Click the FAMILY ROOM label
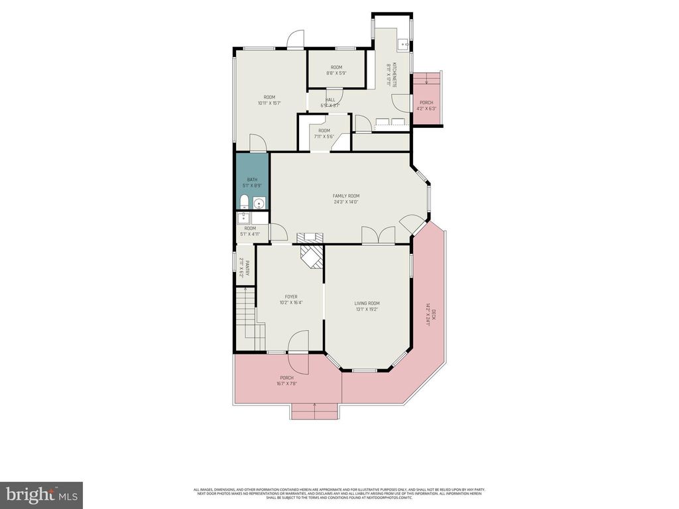pyautogui.click(x=345, y=196)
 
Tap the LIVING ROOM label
pyautogui.click(x=367, y=303)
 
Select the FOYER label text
pyautogui.click(x=291, y=296)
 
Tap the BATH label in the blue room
pyautogui.click(x=252, y=180)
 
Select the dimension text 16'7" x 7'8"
pyautogui.click(x=286, y=383)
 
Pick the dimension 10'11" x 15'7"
pyautogui.click(x=269, y=103)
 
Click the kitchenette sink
pyautogui.click(x=402, y=44)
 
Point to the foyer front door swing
pyautogui.click(x=298, y=342)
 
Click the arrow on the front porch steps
pyautogui.click(x=314, y=404)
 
